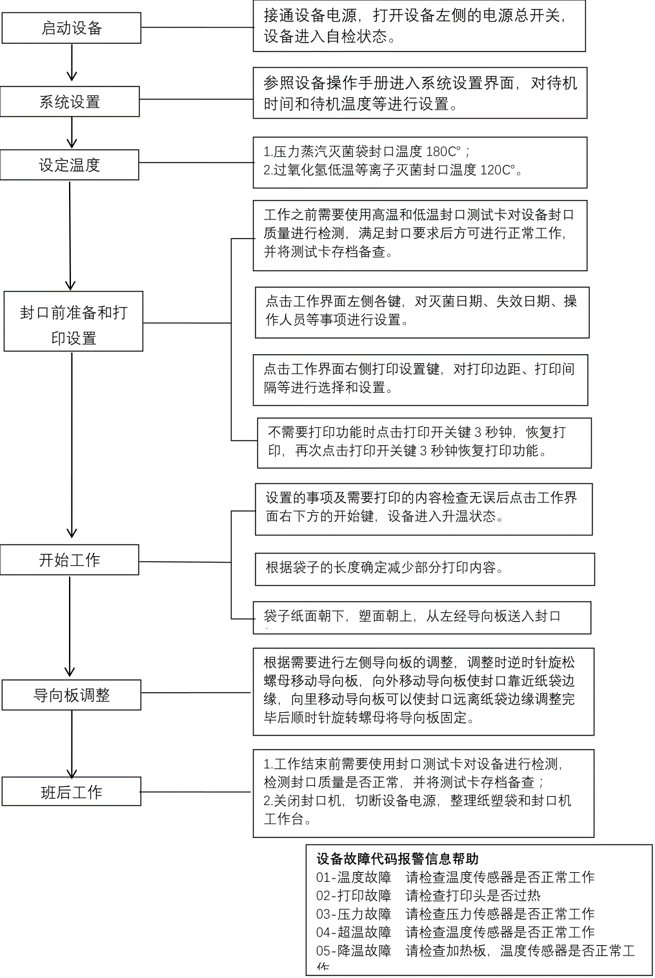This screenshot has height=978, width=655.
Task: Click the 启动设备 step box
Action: [71, 28]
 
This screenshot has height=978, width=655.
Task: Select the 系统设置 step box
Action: [70, 102]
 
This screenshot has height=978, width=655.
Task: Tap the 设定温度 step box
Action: [70, 165]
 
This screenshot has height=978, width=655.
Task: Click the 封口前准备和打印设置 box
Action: [74, 322]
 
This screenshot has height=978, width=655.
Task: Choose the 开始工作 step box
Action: [70, 560]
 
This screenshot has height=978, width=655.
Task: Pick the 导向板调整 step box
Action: [71, 695]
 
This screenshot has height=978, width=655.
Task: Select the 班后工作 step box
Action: [71, 792]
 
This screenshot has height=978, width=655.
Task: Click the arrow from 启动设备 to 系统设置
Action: [72, 65]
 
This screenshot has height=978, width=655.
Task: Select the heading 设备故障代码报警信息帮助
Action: [398, 859]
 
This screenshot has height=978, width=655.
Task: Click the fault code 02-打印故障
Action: [354, 895]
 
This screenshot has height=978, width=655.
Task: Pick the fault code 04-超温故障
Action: [354, 932]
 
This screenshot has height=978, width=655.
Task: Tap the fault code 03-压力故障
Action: [354, 913]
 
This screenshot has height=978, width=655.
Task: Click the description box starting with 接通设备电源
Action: [419, 26]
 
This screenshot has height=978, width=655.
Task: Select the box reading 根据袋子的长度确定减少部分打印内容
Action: [425, 568]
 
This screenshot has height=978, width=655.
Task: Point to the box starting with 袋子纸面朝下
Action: [422, 617]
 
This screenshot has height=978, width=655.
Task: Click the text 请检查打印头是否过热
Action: [473, 895]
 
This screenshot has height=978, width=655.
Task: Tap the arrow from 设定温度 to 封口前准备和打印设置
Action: [70, 235]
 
